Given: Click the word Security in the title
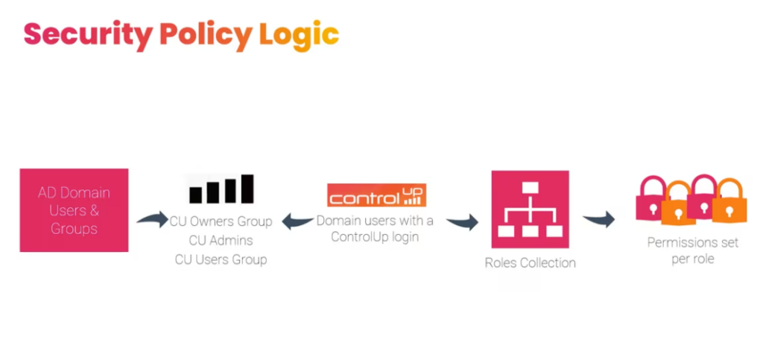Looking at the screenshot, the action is tap(88, 35).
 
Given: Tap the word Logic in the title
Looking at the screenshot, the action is tap(299, 35).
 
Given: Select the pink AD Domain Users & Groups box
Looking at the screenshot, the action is tap(74, 210).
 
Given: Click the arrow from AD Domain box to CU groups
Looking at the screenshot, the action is tap(152, 219).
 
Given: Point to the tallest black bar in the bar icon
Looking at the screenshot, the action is tap(247, 189).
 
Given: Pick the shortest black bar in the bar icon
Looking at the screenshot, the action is tap(196, 195).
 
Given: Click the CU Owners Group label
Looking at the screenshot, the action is tap(221, 221).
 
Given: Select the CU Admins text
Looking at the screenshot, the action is tap(221, 240).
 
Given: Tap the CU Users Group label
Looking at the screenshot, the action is tap(221, 259).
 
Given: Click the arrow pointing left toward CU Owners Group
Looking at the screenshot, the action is tap(298, 221).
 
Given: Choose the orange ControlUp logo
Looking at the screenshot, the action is tap(376, 195).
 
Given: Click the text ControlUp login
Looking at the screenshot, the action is tap(375, 238).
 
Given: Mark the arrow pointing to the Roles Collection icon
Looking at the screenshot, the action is tap(462, 221).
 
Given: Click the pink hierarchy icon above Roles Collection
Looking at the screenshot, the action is tap(530, 209).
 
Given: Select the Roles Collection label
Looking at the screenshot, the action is tap(530, 262).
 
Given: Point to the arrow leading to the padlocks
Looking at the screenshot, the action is tap(598, 219).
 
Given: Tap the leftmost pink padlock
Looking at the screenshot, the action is tap(652, 198).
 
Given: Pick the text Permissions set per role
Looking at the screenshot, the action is tap(693, 250).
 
